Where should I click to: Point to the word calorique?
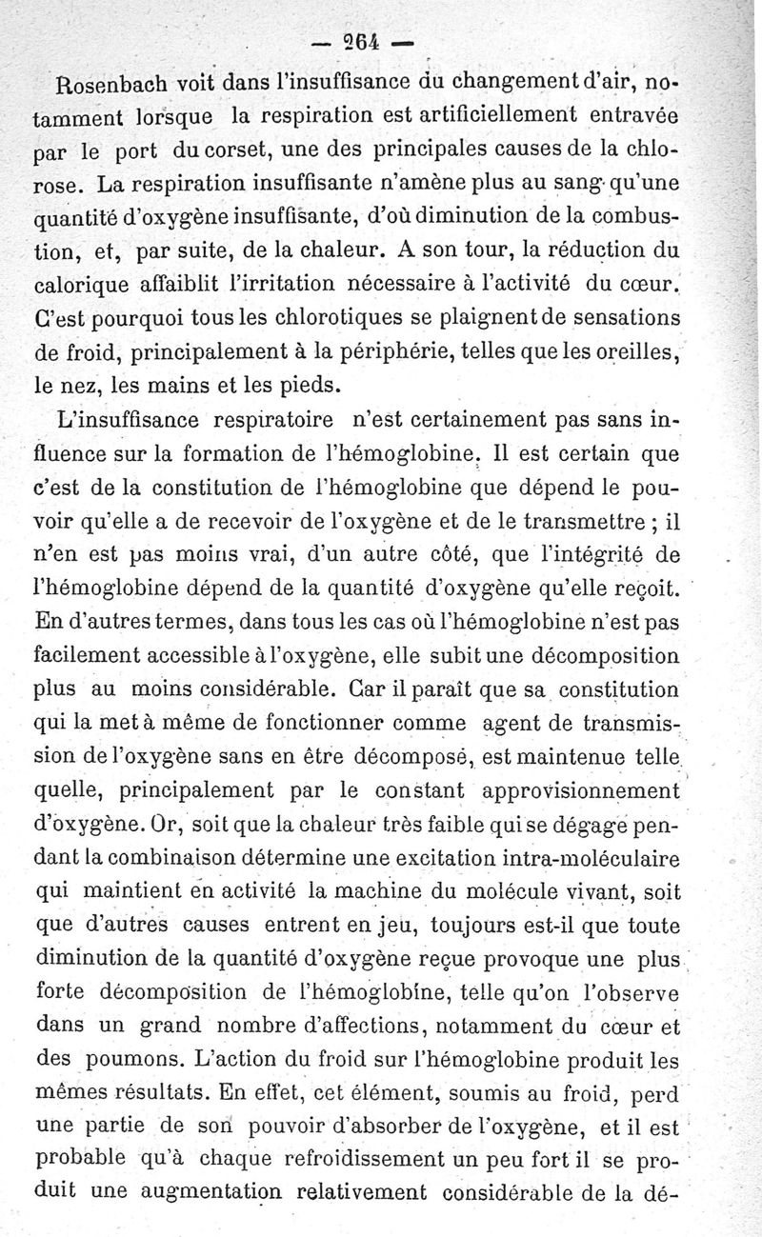point(76,286)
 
